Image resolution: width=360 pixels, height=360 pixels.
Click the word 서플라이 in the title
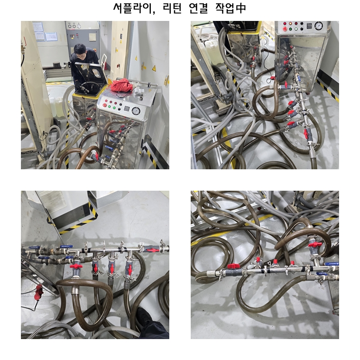[134, 8]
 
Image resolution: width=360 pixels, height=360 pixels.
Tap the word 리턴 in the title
[172, 8]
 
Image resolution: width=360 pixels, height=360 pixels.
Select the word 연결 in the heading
[198, 8]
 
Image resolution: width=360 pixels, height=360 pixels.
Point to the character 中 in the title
[240, 8]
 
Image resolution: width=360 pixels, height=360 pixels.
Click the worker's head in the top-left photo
[80, 51]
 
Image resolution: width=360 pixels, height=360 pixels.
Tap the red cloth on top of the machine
[122, 85]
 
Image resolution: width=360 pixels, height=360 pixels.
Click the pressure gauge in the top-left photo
[136, 111]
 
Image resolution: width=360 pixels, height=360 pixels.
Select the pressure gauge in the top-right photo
[319, 26]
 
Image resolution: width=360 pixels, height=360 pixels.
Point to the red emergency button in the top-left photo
[105, 105]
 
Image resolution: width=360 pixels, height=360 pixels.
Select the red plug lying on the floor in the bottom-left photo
[38, 292]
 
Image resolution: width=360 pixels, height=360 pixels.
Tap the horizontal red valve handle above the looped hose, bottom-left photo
[76, 266]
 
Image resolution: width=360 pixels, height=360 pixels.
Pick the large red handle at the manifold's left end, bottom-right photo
[234, 266]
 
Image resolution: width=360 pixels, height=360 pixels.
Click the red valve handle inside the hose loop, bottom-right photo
[315, 245]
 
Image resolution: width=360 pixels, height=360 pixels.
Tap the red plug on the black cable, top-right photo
[272, 78]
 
